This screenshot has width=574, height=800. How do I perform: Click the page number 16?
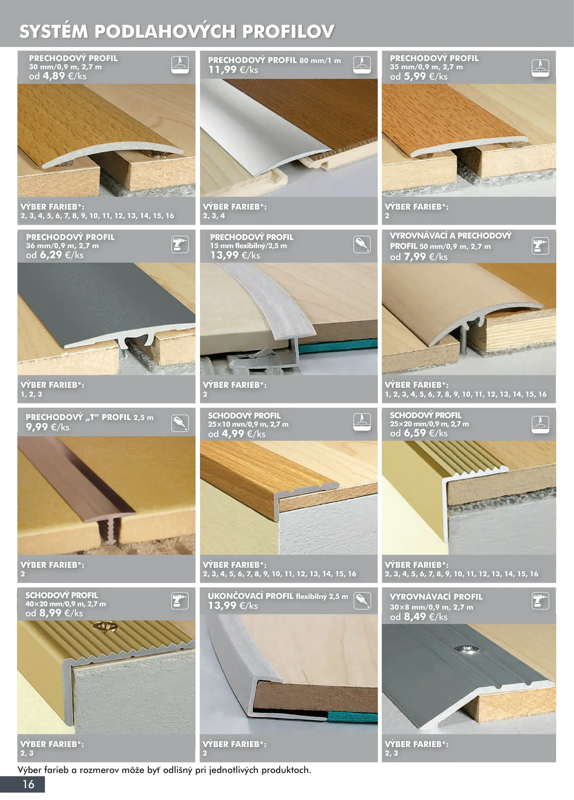tap(29, 784)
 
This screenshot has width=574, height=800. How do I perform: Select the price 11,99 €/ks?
tap(233, 70)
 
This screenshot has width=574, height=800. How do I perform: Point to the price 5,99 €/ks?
tap(426, 76)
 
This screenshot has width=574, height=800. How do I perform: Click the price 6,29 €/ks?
tap(61, 255)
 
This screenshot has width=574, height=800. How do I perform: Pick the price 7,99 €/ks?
tap(426, 257)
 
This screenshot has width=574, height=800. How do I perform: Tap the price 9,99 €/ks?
tap(48, 427)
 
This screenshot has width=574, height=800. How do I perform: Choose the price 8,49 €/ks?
tap(426, 617)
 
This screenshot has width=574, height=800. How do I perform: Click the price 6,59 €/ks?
tap(426, 433)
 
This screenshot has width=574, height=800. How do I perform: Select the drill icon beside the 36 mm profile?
tap(180, 245)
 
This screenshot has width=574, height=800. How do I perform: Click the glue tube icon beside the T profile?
tap(180, 423)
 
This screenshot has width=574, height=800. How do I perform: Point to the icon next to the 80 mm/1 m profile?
tap(362, 65)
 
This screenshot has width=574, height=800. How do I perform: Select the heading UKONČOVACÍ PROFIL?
tap(250, 596)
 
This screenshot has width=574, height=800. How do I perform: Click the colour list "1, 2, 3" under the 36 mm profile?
tap(31, 394)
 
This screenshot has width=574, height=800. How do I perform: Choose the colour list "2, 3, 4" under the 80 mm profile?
tap(214, 216)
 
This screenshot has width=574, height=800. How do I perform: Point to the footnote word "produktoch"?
tap(286, 770)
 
